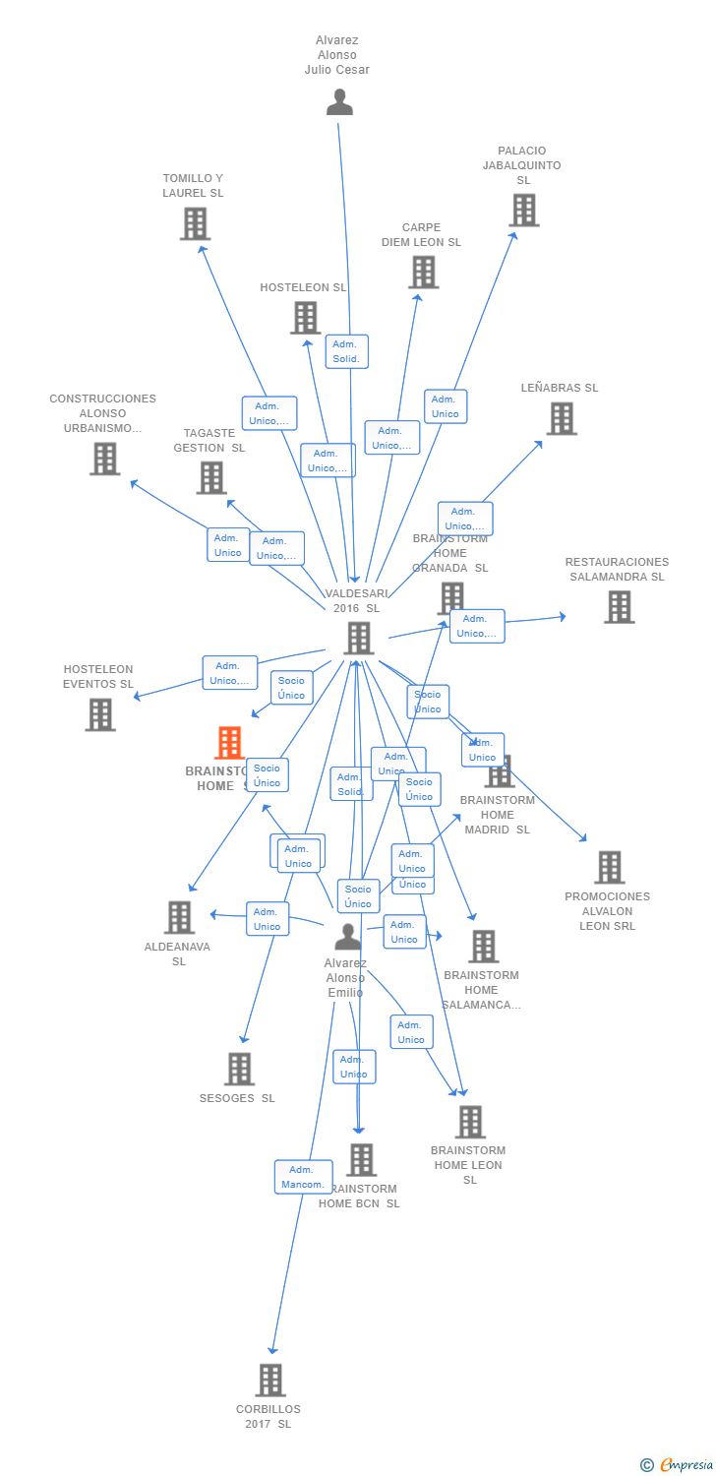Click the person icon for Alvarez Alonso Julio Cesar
coord(339,102)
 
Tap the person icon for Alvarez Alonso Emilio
coord(347,937)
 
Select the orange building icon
coord(229,743)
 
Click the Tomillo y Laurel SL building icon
coord(195,224)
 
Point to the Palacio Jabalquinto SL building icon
coord(523,211)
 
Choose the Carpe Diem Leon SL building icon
coord(423,273)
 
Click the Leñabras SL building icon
coord(561,419)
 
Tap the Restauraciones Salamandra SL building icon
coord(619,607)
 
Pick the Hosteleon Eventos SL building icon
coord(99,714)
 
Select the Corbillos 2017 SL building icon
coord(270,1381)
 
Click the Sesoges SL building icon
coord(239,1069)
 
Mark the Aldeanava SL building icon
coord(179,917)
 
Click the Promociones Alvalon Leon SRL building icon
coord(609,868)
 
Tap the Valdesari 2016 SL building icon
coord(358,639)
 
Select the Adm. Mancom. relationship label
coord(303,1177)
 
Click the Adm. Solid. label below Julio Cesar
coord(346,351)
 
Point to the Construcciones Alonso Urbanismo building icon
coord(104,459)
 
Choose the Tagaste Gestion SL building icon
coord(210,478)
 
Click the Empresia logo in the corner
coord(678,1464)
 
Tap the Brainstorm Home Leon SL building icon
coord(470,1122)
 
